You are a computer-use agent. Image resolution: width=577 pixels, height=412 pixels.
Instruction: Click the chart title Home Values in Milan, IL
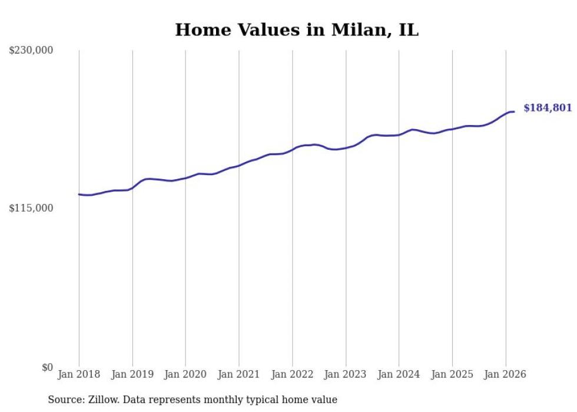tap(297, 30)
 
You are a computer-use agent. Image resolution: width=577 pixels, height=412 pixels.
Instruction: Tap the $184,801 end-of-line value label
tap(547, 108)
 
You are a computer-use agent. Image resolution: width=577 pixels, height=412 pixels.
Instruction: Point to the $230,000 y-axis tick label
tap(31, 51)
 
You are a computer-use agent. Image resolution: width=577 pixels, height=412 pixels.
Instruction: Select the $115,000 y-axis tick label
tap(31, 208)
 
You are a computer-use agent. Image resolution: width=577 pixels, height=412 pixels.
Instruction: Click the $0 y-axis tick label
tap(47, 367)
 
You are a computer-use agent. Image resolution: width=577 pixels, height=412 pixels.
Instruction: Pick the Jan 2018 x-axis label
tap(79, 374)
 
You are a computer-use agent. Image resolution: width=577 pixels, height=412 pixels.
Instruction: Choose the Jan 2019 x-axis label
tap(132, 374)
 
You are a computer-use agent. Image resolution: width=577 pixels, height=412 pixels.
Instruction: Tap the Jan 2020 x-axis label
tap(185, 374)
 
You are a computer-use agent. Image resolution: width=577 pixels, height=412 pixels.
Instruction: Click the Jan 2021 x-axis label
tap(239, 374)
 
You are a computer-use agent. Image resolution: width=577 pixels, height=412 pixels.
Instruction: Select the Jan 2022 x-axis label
tap(292, 374)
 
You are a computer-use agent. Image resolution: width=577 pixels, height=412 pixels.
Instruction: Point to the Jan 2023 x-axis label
tap(346, 374)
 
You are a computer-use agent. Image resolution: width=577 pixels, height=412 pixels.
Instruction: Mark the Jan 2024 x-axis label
tap(399, 374)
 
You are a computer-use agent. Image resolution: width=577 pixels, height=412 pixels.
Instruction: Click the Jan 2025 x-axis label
tap(452, 374)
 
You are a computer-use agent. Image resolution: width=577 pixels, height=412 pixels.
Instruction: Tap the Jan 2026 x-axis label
tap(505, 374)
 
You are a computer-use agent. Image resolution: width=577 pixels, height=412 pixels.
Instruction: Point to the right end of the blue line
tap(514, 111)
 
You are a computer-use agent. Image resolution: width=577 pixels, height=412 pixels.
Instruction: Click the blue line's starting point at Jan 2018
tap(79, 194)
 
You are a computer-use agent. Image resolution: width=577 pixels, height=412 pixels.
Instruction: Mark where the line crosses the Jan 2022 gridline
tap(292, 149)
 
